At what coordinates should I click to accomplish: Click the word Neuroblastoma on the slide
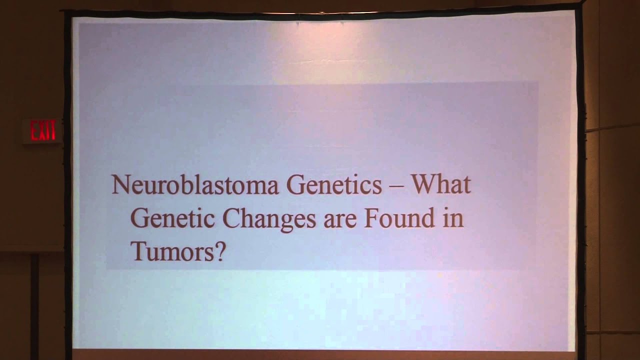click(194, 185)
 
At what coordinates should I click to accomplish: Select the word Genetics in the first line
click(334, 185)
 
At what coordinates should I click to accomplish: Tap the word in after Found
click(453, 219)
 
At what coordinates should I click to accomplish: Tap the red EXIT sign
click(42, 131)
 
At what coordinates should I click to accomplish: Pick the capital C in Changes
click(232, 218)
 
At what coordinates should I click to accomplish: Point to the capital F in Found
click(370, 218)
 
